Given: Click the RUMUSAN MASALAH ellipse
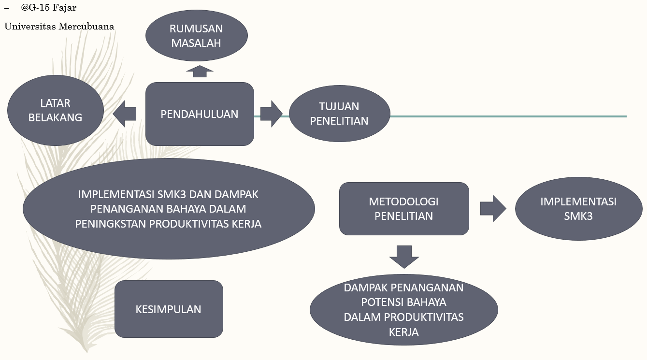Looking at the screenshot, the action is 197,36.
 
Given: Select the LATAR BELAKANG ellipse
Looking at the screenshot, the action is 56,110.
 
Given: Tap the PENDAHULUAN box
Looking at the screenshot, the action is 200,114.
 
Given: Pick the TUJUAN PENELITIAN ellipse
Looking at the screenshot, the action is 339,114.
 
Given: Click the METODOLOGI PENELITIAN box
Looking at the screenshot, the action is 404,209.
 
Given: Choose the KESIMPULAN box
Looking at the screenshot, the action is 169,309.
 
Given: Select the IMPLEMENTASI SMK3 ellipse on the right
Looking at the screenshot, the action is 578,209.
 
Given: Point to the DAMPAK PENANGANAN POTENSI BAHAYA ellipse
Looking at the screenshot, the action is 403,309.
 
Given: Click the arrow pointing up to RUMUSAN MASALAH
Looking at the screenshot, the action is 200,71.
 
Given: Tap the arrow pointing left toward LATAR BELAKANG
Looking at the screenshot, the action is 124,114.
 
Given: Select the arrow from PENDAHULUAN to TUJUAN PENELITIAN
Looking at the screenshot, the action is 271,114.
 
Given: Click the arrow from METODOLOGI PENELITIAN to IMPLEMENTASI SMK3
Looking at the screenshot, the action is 493,209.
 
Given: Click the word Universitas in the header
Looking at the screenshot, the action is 30,26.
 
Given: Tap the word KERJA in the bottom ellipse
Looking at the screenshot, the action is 403,332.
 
